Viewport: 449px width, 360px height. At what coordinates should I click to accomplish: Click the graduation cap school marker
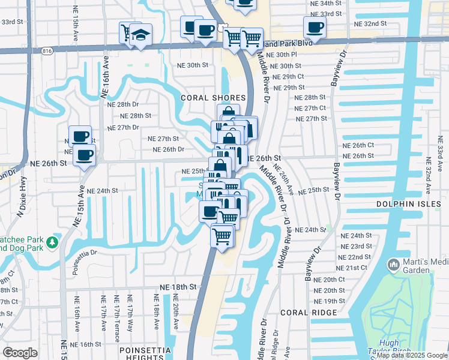click(x=141, y=35)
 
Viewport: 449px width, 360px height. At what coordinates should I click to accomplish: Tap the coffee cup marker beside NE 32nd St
click(x=315, y=27)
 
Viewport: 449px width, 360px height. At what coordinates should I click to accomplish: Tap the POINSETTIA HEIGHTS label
click(x=145, y=350)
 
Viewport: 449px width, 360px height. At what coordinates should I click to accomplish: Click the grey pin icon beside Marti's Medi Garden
click(x=393, y=264)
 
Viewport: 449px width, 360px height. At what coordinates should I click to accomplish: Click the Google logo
click(x=20, y=353)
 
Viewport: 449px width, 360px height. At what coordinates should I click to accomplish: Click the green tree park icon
click(x=53, y=242)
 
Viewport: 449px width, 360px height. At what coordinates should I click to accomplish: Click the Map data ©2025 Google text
click(x=411, y=355)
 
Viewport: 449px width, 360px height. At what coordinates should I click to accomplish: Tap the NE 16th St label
click(x=86, y=344)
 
